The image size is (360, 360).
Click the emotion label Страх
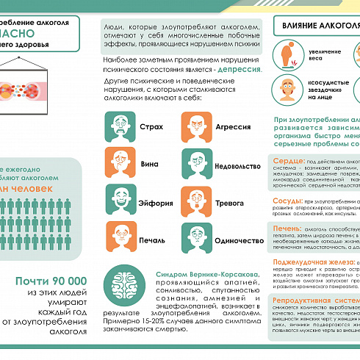[x=151, y=126]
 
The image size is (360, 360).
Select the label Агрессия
[x=233, y=126]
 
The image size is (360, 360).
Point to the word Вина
[x=149, y=164]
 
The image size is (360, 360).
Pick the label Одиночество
[x=240, y=240]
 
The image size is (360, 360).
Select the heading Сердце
[x=287, y=160]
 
